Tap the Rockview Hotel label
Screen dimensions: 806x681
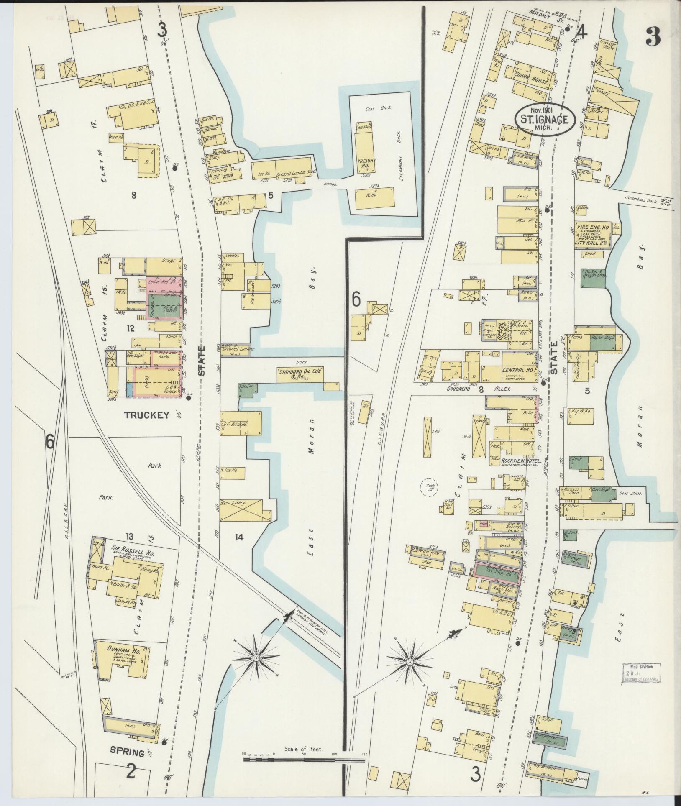[x=521, y=461]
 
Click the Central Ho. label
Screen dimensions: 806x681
[x=521, y=370]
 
